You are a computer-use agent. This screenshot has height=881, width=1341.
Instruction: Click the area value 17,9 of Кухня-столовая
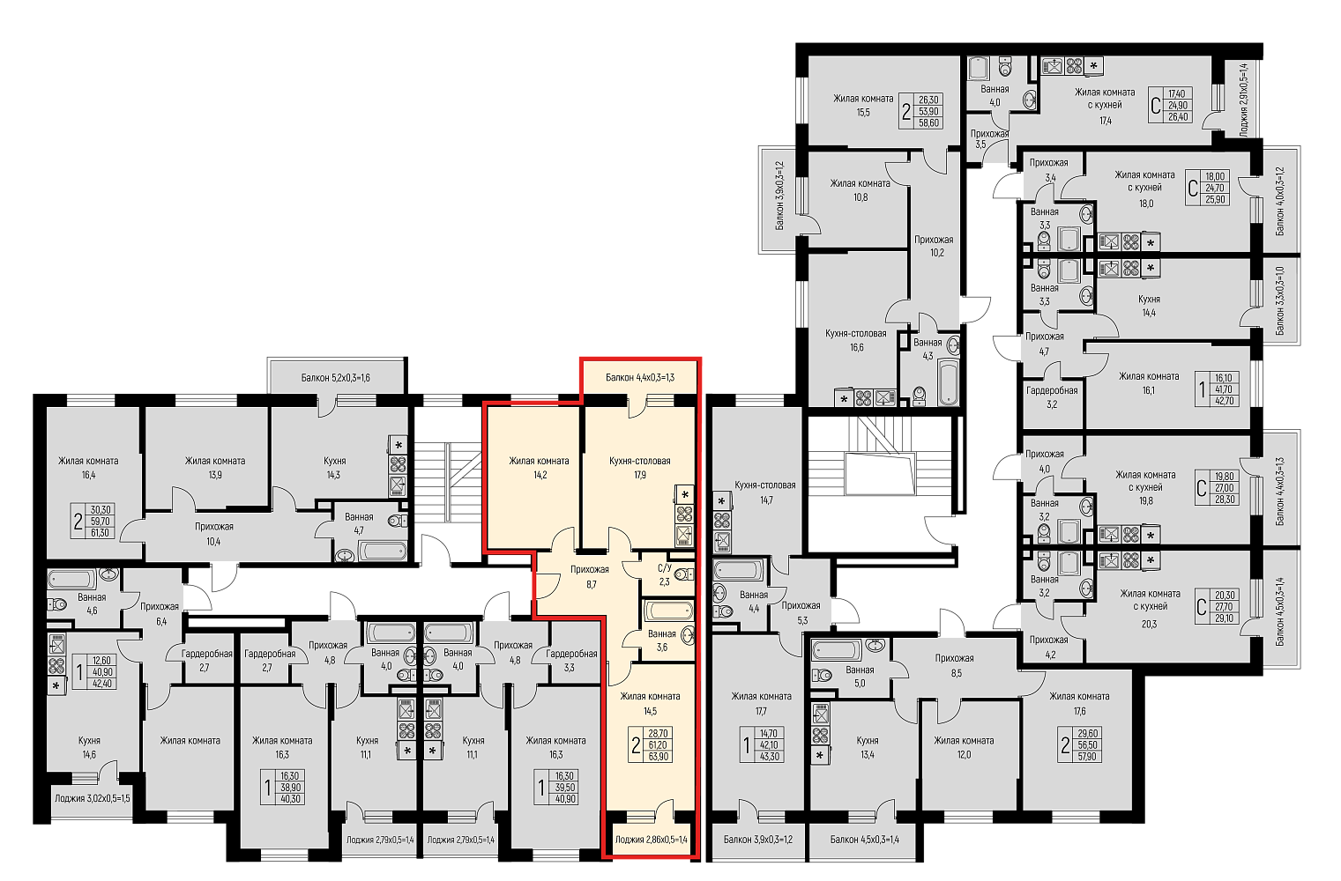[639, 475]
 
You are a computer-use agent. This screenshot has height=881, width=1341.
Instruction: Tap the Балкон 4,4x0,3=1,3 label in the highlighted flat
[640, 377]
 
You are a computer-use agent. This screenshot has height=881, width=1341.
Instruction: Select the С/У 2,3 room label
[665, 574]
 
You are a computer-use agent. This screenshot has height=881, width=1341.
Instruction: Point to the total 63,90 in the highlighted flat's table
[658, 757]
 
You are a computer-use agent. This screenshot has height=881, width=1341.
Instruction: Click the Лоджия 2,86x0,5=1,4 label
[651, 840]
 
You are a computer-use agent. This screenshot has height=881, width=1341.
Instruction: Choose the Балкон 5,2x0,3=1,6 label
[335, 378]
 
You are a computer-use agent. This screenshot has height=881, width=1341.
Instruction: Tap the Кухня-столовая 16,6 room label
[856, 340]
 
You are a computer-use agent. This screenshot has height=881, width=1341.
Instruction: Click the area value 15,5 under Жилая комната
[862, 113]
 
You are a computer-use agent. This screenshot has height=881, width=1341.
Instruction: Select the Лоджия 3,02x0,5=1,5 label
[92, 798]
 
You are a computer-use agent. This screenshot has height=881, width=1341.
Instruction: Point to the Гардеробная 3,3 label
[571, 660]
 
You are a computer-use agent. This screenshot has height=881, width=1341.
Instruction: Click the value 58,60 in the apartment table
[928, 123]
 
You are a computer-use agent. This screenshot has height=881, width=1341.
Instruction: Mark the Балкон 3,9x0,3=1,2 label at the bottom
[758, 840]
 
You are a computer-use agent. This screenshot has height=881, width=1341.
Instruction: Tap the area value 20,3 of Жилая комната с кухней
[1149, 624]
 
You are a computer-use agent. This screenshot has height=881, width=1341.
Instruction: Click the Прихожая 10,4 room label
[213, 534]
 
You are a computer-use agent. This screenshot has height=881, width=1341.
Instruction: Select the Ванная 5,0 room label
[860, 677]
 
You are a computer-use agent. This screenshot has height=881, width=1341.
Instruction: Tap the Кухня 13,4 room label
[867, 748]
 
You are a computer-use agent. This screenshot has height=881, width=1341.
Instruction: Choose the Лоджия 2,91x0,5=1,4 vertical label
[1244, 100]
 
